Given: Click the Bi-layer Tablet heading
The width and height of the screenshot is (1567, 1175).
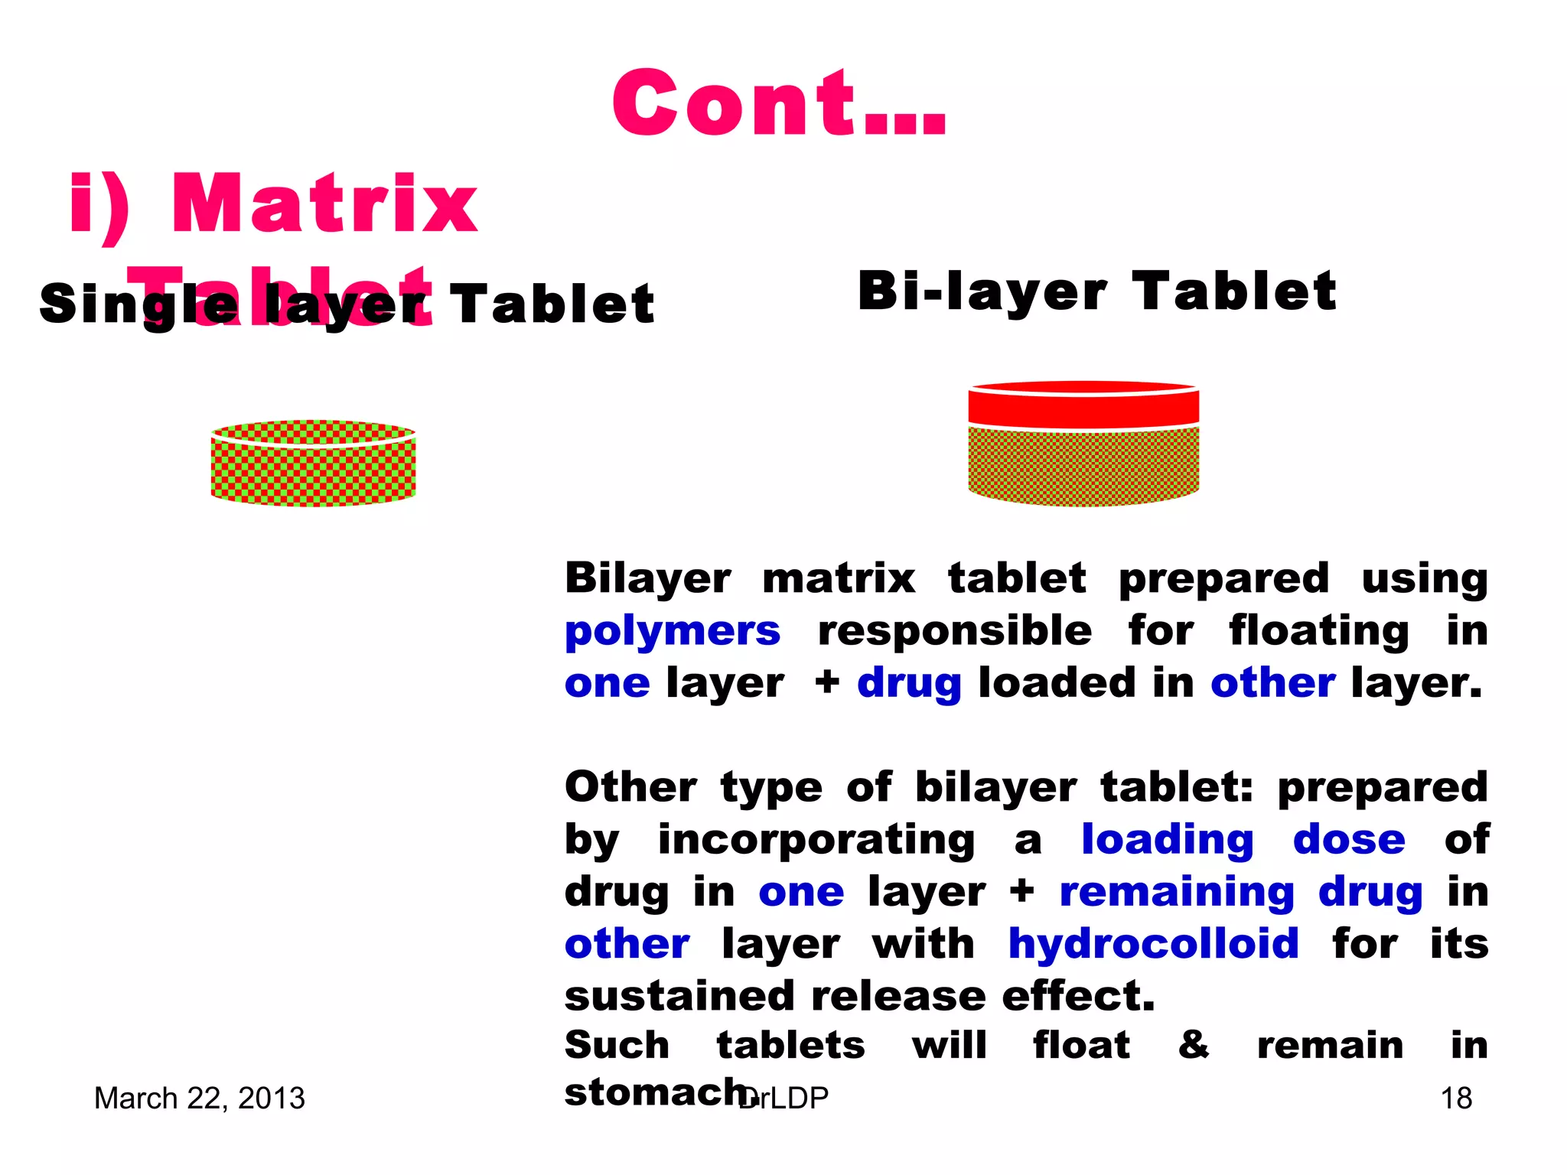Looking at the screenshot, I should tap(1096, 291).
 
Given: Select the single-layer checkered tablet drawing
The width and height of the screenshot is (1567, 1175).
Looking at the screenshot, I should tap(313, 464).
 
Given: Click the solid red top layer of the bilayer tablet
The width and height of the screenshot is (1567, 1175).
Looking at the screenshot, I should tap(1083, 405).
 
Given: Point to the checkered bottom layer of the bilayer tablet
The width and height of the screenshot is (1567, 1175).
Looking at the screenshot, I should tap(1083, 465).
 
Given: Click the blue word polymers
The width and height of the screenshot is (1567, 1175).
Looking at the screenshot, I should tap(673, 632).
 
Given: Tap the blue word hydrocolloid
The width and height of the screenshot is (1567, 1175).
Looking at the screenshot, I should tap(1153, 944).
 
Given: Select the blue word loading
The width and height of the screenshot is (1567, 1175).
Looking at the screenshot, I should tap(1167, 840).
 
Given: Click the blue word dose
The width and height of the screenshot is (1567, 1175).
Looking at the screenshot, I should tap(1349, 840).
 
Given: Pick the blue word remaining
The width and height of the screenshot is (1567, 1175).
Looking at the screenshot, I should tap(1176, 892).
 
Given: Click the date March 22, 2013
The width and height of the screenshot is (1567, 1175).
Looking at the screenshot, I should tap(199, 1099).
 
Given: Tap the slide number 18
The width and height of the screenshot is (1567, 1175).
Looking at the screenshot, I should tap(1456, 1099).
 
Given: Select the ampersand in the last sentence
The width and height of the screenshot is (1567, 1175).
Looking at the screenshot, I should tap(1194, 1045).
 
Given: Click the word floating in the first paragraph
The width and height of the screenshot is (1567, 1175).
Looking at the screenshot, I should tap(1318, 632).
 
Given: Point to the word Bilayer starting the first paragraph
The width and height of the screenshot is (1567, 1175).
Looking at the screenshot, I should tap(647, 578).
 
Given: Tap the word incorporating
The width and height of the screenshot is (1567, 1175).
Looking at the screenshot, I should tap(816, 840).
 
